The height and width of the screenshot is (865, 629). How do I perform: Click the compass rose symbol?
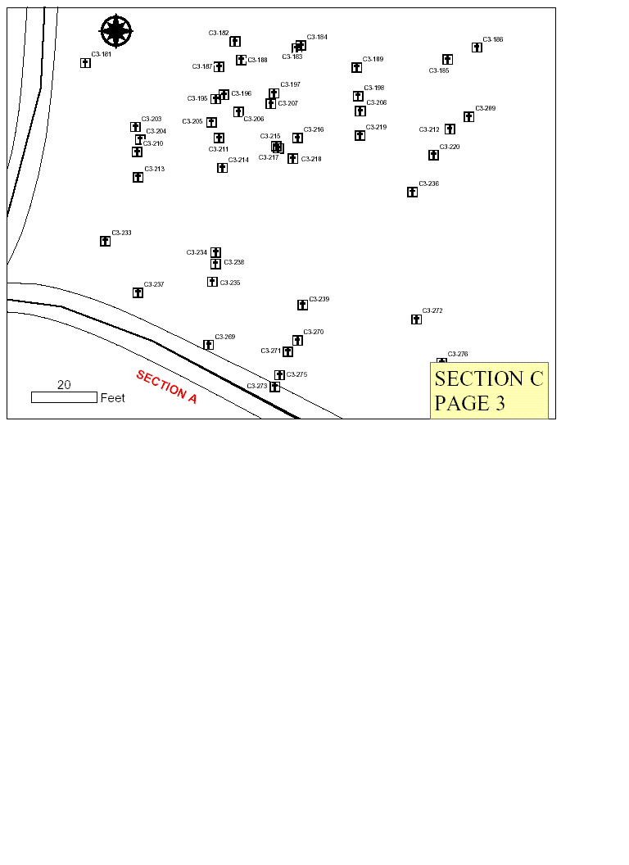116,31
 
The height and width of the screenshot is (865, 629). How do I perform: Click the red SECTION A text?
166,387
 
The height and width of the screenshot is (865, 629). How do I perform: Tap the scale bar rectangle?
64,397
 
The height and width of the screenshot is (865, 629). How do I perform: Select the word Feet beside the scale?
112,398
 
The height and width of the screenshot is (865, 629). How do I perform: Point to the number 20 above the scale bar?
64,385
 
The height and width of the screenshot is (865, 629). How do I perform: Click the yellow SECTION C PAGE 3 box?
489,390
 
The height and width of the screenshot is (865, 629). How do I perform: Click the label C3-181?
102,54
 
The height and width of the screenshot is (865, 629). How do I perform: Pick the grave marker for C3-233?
105,241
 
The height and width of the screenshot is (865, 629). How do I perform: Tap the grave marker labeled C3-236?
412,192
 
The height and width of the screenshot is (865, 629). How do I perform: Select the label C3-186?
493,39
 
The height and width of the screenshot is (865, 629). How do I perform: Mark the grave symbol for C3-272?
416,319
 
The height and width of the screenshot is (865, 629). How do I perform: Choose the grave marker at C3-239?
302,305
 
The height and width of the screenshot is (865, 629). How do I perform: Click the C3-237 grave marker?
138,292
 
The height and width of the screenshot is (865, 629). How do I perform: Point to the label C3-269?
225,337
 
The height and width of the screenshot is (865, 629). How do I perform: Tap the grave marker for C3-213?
138,177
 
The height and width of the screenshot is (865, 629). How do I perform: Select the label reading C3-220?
450,147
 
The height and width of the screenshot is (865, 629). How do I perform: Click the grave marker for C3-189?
356,67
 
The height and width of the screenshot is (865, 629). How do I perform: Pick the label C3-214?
238,160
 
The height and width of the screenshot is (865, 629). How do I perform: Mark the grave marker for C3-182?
235,41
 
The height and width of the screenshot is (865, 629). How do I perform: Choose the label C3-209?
486,108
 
